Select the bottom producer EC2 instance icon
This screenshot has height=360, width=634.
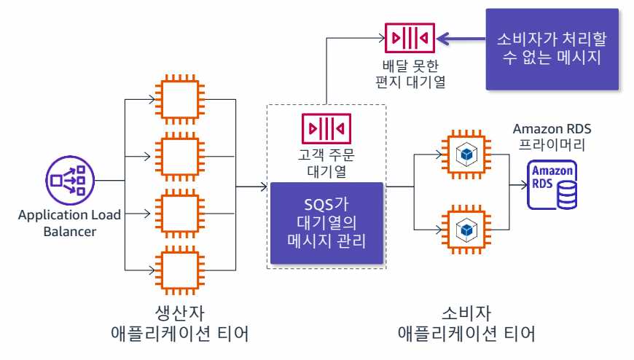[x=179, y=270]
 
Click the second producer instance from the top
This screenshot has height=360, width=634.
[x=179, y=154]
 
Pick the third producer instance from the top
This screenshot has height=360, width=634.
[x=179, y=212]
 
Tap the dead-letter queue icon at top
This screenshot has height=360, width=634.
[x=410, y=36]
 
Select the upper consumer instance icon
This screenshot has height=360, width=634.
[x=465, y=154]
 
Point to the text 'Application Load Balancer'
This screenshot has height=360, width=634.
[x=70, y=223]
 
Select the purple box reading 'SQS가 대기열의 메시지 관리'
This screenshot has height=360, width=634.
[x=326, y=222]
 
